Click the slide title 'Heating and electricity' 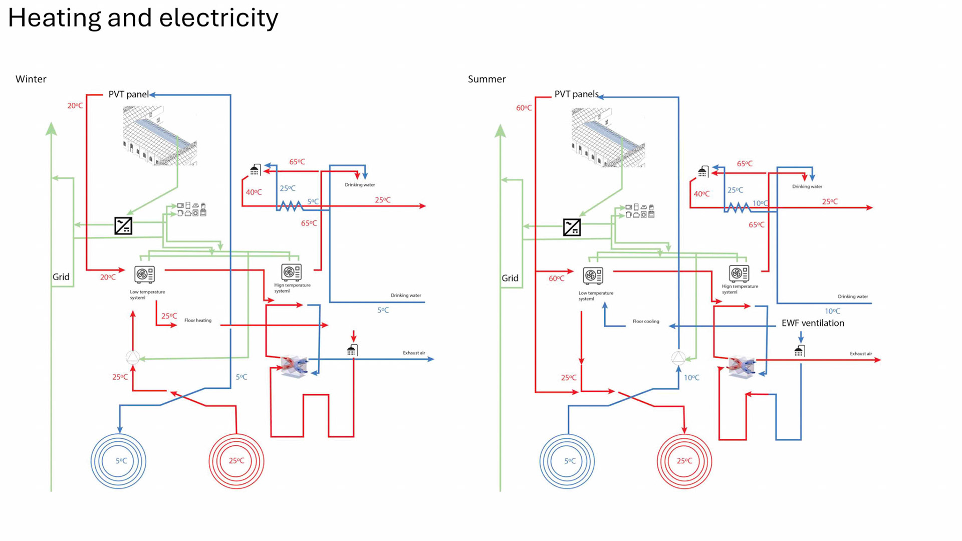pos(143,18)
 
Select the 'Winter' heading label pos(31,79)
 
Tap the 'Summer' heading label pos(487,79)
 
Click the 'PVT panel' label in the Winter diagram pos(128,94)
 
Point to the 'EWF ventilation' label pos(813,323)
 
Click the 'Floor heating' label pos(197,321)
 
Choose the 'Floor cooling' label pos(645,322)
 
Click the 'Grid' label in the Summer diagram pos(510,278)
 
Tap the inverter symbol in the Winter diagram pos(123,226)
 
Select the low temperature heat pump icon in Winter pos(144,274)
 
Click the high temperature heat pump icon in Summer pos(739,274)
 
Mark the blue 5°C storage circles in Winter pos(118,461)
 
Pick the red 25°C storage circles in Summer pos(684,461)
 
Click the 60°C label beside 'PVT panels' pos(524,108)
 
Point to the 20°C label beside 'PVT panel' pos(75,106)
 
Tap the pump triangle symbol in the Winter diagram pos(133,358)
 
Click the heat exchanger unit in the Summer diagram pos(741,367)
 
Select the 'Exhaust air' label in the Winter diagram pos(414,353)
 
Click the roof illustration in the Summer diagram pos(608,138)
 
